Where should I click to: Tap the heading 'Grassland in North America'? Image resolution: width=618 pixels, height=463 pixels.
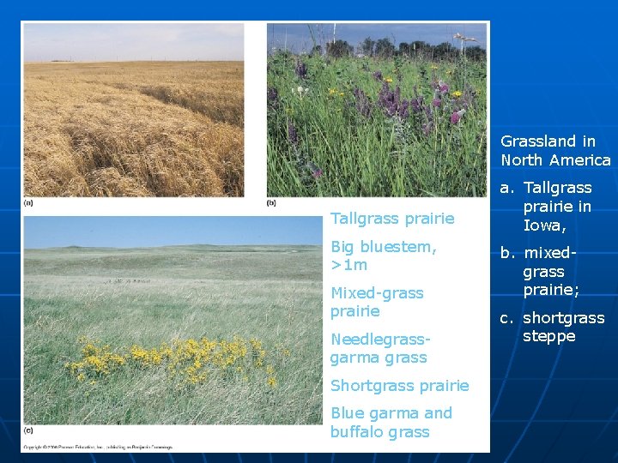pyautogui.click(x=555, y=150)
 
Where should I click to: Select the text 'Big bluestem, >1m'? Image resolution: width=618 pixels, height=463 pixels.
pyautogui.click(x=384, y=256)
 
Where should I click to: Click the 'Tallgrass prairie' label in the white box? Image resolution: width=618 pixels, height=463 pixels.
pyautogui.click(x=392, y=219)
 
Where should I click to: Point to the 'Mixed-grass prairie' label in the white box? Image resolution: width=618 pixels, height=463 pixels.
pyautogui.click(x=377, y=302)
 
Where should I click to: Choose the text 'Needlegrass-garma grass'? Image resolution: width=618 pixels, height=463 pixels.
pyautogui.click(x=379, y=348)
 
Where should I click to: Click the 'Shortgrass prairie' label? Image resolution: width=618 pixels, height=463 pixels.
pyautogui.click(x=399, y=385)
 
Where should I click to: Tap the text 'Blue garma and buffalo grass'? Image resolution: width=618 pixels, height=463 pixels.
pyautogui.click(x=391, y=422)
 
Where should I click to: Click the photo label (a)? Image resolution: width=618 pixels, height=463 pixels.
pyautogui.click(x=28, y=203)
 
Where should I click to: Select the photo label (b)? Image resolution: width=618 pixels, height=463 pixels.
pyautogui.click(x=271, y=203)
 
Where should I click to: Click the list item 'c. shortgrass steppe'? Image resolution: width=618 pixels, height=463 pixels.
pyautogui.click(x=552, y=327)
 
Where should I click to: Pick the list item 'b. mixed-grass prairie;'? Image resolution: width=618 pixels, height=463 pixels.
pyautogui.click(x=547, y=271)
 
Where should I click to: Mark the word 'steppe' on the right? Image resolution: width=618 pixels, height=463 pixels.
pyautogui.click(x=548, y=336)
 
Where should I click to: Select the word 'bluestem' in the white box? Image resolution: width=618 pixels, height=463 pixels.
pyautogui.click(x=401, y=247)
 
